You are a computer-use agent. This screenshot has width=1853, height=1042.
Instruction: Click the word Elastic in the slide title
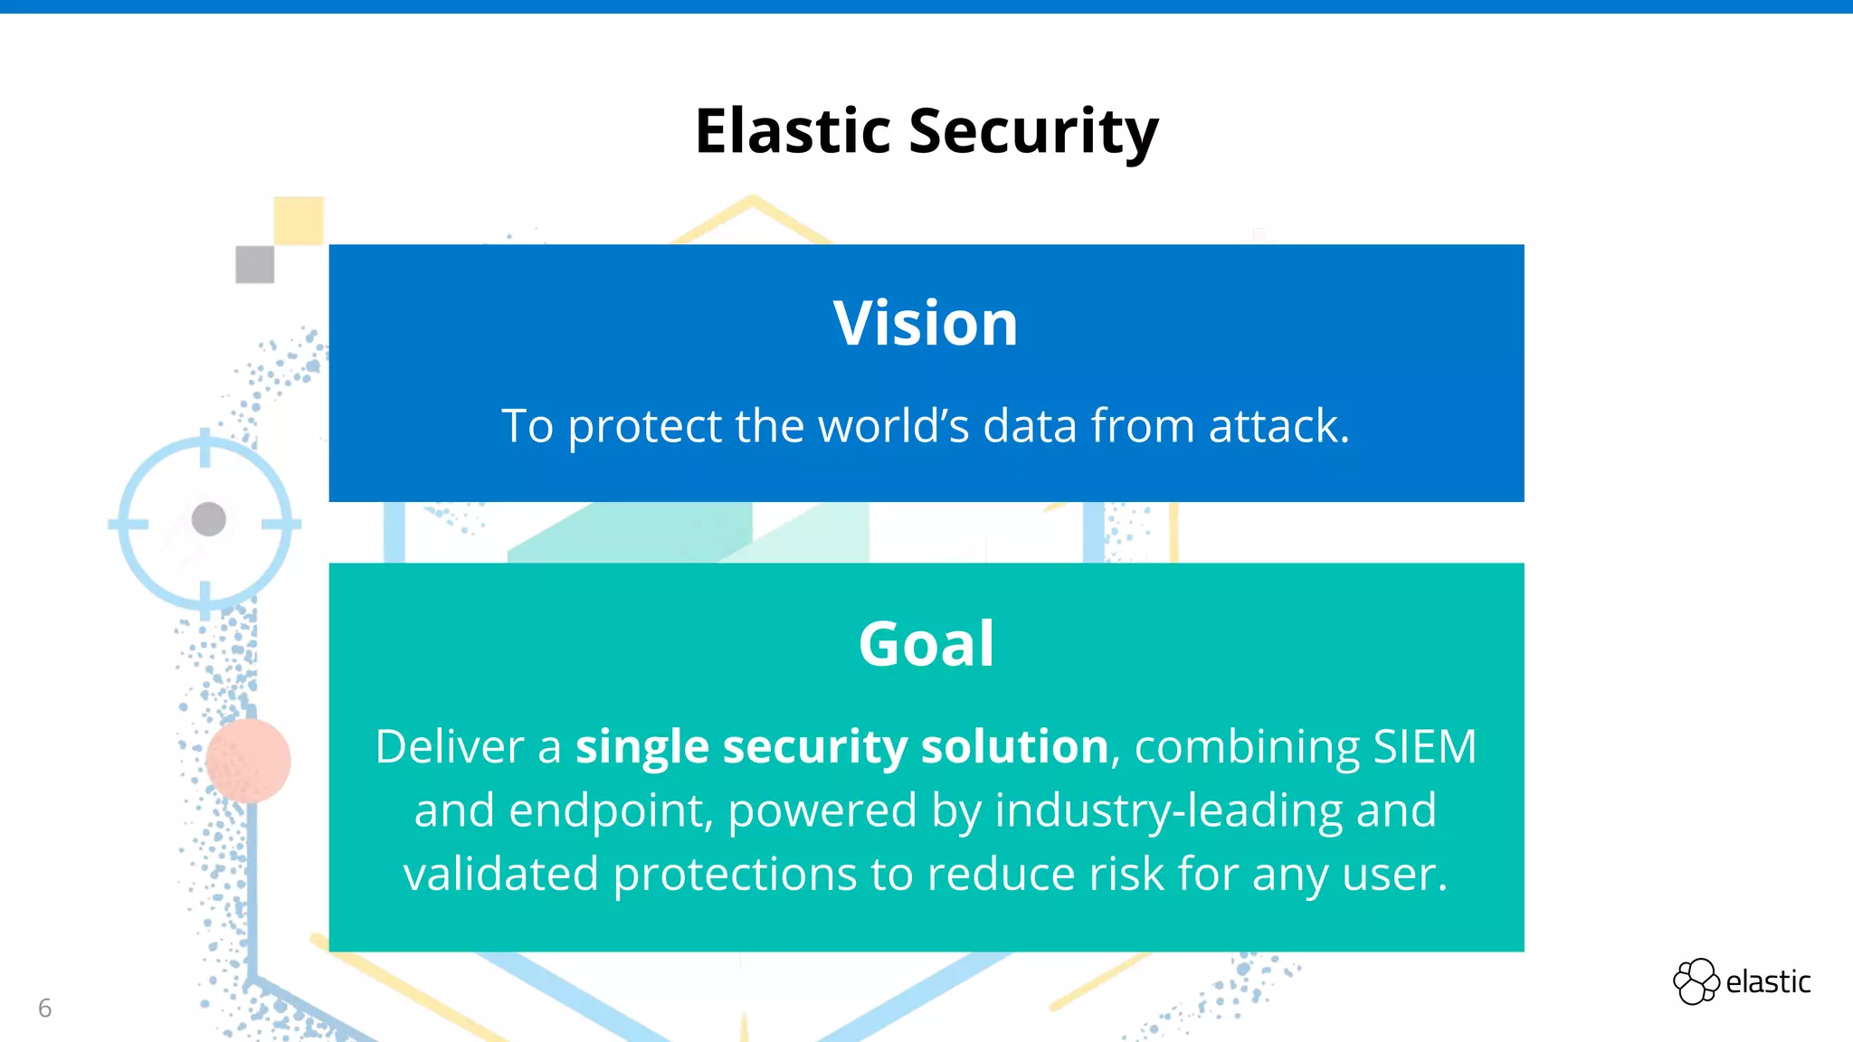pos(793,131)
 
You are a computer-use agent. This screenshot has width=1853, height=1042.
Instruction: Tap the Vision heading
pos(926,323)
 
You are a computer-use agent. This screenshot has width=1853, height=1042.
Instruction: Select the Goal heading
pos(926,644)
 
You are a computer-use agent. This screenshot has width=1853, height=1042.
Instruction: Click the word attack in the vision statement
pos(1278,426)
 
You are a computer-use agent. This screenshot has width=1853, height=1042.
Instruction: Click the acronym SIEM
pos(1424,747)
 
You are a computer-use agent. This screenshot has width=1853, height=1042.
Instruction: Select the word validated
pos(501,874)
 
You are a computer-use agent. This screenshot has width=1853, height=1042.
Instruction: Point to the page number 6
pos(44,1008)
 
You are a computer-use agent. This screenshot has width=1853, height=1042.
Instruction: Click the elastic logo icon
pos(1696,981)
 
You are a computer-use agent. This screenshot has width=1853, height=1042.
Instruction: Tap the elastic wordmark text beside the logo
pos(1768,982)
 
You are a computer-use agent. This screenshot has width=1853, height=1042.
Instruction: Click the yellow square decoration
pos(299,221)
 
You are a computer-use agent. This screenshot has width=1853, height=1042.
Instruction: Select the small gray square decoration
pos(254,265)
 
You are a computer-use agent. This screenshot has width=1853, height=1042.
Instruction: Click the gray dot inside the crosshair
pos(209,519)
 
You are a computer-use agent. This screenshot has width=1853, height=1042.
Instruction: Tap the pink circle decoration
pos(248,761)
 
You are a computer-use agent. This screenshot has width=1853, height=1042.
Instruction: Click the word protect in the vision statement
pos(644,426)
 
